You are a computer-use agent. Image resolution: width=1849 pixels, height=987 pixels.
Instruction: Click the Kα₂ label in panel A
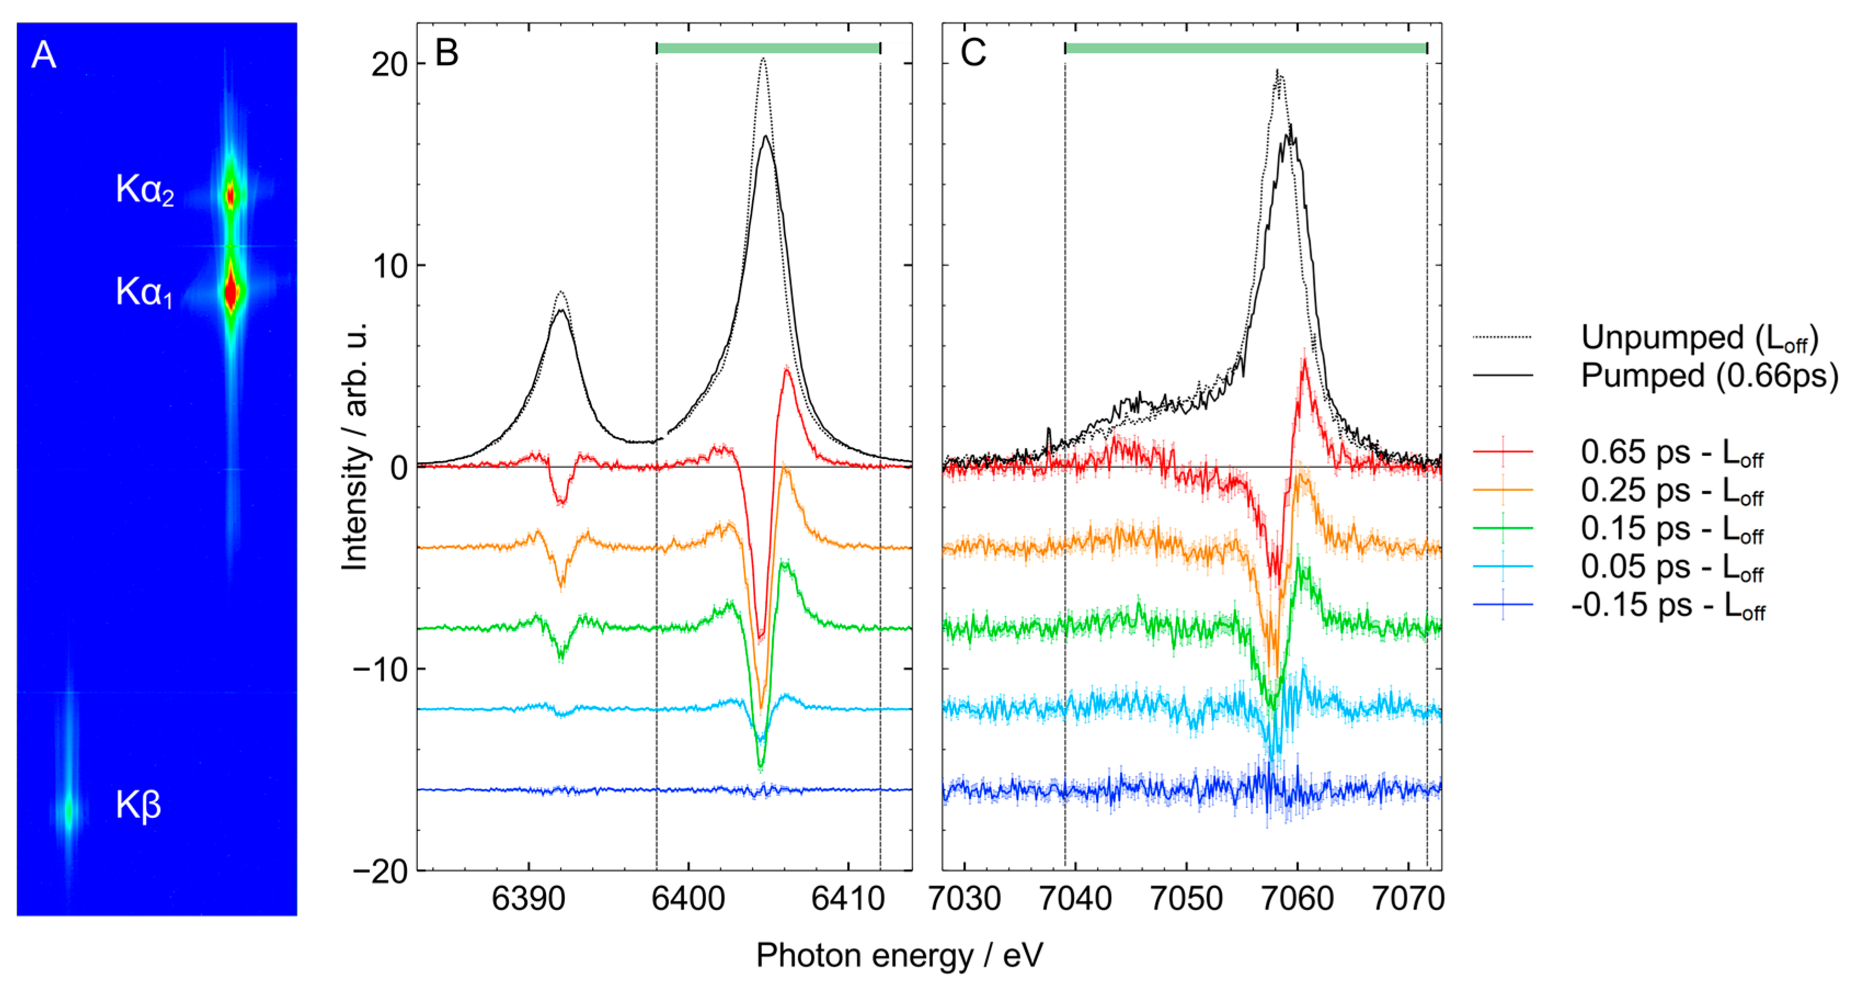145,190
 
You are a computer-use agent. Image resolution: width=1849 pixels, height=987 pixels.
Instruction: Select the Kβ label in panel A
139,805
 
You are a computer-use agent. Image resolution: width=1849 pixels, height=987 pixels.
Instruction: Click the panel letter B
446,53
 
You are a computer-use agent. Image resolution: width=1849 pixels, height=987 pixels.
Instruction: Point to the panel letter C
973,53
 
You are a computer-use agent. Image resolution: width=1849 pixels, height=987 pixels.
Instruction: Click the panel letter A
44,55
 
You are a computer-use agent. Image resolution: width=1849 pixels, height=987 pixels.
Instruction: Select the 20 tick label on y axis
389,65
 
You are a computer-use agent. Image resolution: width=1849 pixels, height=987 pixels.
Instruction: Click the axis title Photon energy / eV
899,955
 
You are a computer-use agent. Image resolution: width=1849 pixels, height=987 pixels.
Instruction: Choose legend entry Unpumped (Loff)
1699,337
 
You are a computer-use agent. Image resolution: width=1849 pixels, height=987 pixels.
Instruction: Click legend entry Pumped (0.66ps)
1709,375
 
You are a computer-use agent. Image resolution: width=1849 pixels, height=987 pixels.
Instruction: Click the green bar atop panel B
768,48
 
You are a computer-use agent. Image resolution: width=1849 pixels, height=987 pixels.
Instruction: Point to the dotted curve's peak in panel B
763,60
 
